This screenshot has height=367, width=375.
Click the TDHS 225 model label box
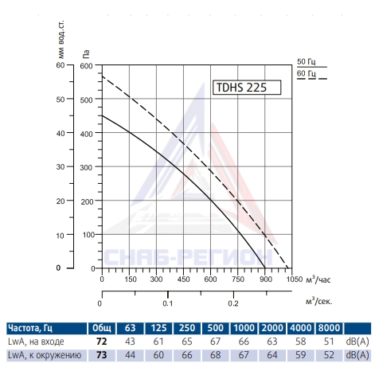tap(247, 88)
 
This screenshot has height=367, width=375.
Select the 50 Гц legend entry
tap(311, 63)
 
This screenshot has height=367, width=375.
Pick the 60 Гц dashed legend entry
tap(311, 75)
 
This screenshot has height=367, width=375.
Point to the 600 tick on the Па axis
tap(86, 66)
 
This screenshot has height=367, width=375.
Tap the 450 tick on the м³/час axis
tap(183, 279)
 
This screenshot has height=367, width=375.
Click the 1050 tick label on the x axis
tap(295, 279)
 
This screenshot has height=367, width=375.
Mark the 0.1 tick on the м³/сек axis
tap(168, 303)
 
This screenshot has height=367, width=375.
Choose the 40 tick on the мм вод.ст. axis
tap(61, 133)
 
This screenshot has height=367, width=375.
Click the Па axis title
tap(86, 54)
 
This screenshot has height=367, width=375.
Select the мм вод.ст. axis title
tap(61, 39)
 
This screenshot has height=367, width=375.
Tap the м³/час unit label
tap(318, 279)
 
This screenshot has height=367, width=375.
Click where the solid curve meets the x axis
tap(265, 268)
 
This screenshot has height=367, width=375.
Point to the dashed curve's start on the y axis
tap(103, 76)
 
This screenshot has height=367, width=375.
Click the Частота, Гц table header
tap(30, 328)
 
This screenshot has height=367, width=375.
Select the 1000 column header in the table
tap(244, 328)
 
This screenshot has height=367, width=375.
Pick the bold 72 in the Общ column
tap(102, 342)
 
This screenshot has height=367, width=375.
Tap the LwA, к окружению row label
tap(45, 355)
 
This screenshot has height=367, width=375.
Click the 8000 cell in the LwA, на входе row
tap(329, 342)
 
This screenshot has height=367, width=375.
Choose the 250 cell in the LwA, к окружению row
tap(187, 355)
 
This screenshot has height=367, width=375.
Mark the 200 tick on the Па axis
tap(87, 201)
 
